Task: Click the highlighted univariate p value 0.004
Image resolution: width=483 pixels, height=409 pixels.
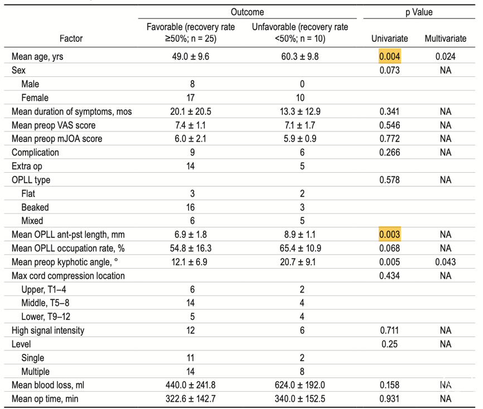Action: pos(389,56)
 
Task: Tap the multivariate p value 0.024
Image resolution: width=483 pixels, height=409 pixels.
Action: pos(445,56)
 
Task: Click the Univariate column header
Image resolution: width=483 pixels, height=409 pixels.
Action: pos(389,38)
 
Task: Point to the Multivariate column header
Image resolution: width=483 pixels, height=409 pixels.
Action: pos(445,38)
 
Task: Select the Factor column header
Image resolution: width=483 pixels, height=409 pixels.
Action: pos(71,38)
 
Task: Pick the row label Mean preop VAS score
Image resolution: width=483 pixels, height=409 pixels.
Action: pos(54,125)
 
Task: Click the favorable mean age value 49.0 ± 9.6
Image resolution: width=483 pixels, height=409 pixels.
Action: pos(191,56)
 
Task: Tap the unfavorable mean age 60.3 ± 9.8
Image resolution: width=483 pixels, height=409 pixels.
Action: pos(300,56)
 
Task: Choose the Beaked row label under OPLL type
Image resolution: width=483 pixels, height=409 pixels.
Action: pos(35,207)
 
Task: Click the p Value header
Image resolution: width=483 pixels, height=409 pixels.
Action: pos(419,12)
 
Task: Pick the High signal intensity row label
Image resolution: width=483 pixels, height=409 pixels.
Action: pos(48,330)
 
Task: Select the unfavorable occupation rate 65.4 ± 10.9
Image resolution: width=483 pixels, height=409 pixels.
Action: pos(300,249)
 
